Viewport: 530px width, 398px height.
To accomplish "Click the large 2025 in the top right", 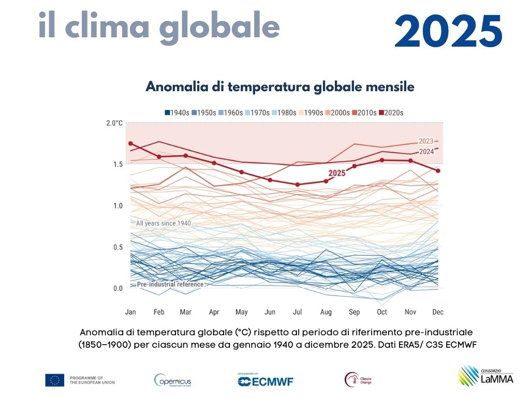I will coord(448,31).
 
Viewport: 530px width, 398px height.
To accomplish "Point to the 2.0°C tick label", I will coord(114,123).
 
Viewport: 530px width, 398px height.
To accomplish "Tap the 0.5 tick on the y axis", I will coord(117,247).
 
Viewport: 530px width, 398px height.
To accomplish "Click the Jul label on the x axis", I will coord(298,312).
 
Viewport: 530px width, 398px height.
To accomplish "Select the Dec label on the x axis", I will coord(438,312).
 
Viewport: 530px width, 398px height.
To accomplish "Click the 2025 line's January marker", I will coord(130,144).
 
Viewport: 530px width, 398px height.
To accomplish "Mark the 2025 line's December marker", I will coord(438,170).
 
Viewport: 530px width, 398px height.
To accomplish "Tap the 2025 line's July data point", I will coord(298,184).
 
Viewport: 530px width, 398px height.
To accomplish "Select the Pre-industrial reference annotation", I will coord(170,284).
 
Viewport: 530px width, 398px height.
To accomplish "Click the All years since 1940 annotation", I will coord(163,223).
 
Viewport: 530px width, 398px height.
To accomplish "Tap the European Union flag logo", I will coord(54,380).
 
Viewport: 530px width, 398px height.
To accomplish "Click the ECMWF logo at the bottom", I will coord(265,381).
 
